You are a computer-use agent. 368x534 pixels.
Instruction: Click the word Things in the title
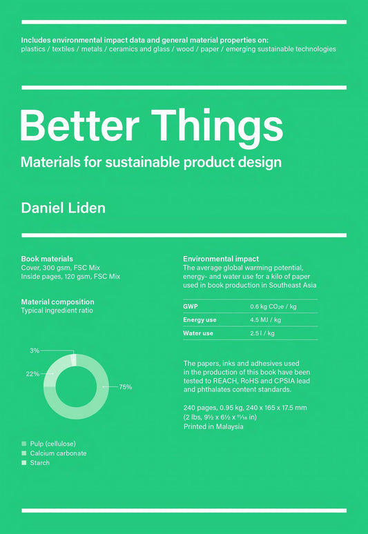216,126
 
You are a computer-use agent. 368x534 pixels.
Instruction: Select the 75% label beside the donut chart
125,387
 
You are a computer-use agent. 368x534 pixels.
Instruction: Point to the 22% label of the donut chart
32,373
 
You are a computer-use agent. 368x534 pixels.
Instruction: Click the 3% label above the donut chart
35,350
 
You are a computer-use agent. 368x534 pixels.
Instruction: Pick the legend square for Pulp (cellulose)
24,443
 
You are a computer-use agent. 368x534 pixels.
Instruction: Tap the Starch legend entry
40,462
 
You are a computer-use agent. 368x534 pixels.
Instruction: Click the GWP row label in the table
190,306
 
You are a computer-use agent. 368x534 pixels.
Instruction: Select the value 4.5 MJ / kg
265,319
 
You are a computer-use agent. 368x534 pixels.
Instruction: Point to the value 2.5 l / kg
262,333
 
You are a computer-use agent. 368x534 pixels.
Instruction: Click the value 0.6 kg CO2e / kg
273,306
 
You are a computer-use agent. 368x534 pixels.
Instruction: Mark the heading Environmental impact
221,259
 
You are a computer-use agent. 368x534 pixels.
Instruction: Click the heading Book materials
47,259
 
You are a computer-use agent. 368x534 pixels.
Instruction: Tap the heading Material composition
57,301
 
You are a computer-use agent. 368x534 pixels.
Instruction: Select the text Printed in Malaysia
213,426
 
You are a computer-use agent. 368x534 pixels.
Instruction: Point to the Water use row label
198,333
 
